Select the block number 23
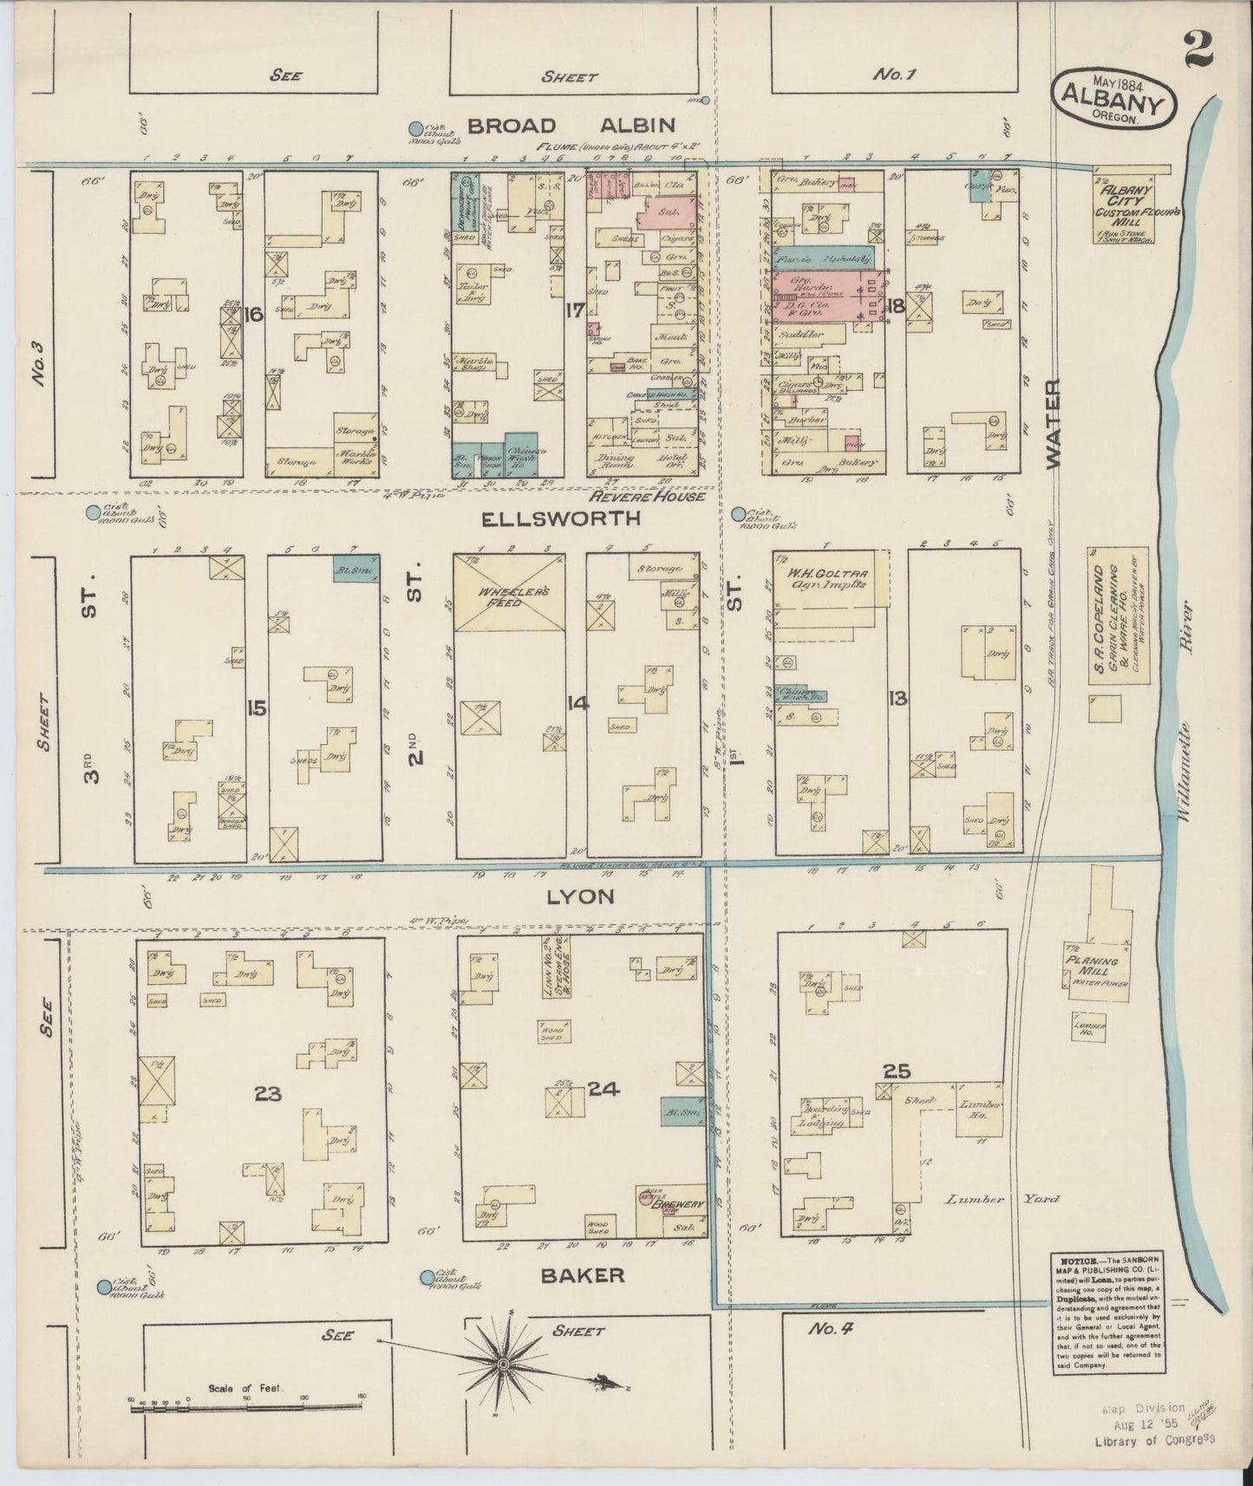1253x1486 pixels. tap(269, 1094)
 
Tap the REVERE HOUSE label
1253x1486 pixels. tap(646, 496)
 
